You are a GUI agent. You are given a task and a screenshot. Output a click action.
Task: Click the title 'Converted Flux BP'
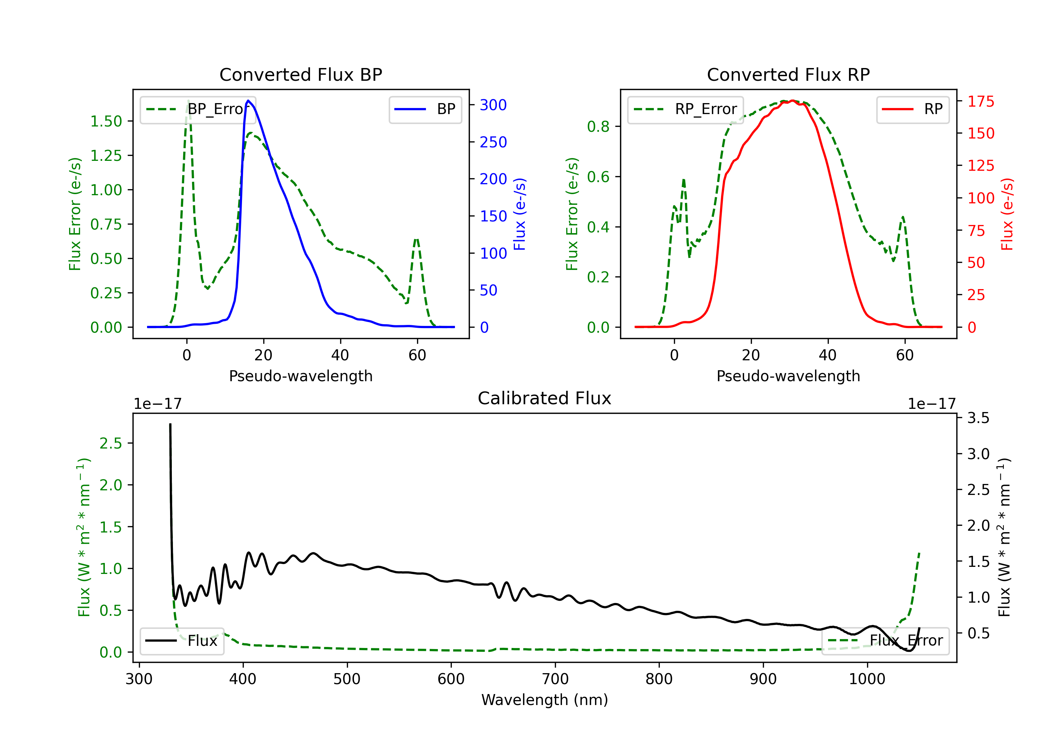click(300, 74)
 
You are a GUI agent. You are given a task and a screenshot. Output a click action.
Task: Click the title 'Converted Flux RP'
click(788, 74)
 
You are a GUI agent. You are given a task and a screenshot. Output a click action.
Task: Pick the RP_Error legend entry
click(685, 109)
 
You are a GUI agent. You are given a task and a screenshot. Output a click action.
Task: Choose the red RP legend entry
click(912, 109)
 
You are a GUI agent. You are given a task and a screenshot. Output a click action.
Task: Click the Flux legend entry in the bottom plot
click(182, 641)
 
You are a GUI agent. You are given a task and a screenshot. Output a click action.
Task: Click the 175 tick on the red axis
click(980, 101)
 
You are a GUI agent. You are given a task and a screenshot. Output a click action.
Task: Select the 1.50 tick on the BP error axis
click(106, 121)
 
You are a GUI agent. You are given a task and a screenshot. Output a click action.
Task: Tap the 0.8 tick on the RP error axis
click(598, 126)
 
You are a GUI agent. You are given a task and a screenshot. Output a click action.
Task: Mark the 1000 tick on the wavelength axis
click(867, 679)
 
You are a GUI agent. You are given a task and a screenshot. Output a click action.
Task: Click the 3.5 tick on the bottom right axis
click(978, 418)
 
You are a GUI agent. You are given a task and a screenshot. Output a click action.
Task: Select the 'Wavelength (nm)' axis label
click(545, 700)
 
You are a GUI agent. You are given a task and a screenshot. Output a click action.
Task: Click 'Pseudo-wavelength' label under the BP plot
click(300, 376)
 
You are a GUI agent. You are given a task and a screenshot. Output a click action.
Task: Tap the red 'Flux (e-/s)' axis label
click(1007, 214)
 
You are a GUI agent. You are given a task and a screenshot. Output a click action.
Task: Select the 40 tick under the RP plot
click(828, 355)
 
